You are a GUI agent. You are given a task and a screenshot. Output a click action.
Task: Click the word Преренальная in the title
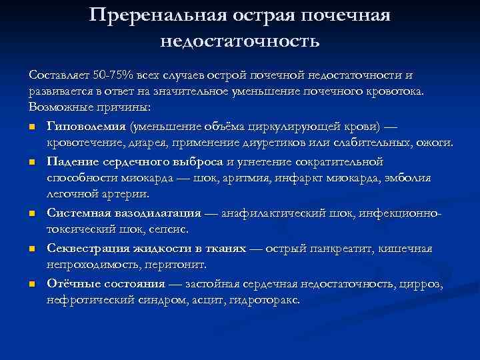pos(158,15)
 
